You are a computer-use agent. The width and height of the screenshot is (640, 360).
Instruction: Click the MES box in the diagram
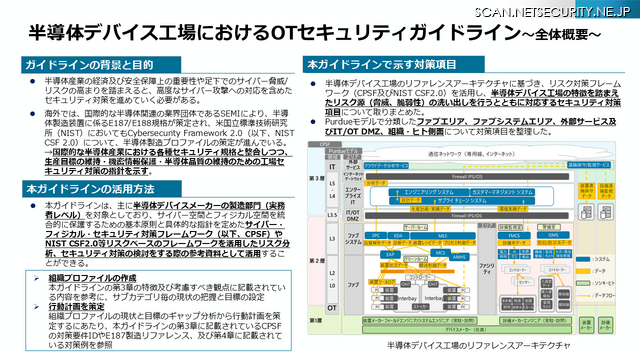point(442,236)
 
